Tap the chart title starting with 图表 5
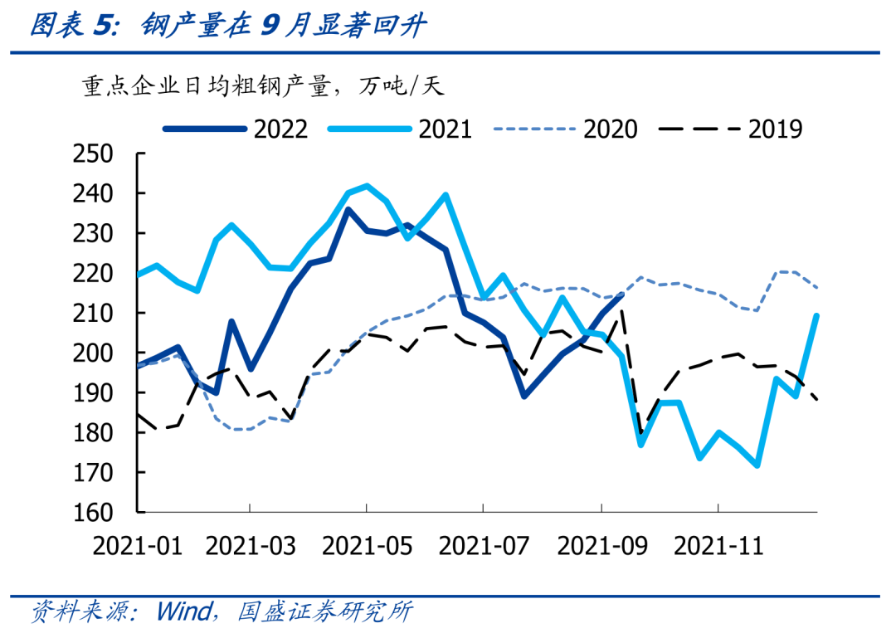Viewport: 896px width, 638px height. click(x=228, y=27)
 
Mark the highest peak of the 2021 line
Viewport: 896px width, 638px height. click(x=367, y=186)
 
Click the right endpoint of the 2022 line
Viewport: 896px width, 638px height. click(x=622, y=295)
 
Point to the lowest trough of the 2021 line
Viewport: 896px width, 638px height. click(x=757, y=465)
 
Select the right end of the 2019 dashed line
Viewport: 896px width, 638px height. click(x=818, y=400)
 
